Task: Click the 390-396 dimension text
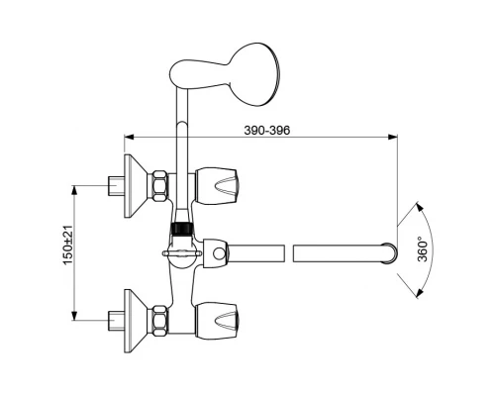[267, 131]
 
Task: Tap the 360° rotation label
[423, 249]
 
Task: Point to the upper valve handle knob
[217, 186]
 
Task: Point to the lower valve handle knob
[217, 321]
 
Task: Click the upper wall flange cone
[136, 186]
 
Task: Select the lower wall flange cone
[136, 321]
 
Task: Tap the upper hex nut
[159, 185]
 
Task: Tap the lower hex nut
[159, 321]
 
